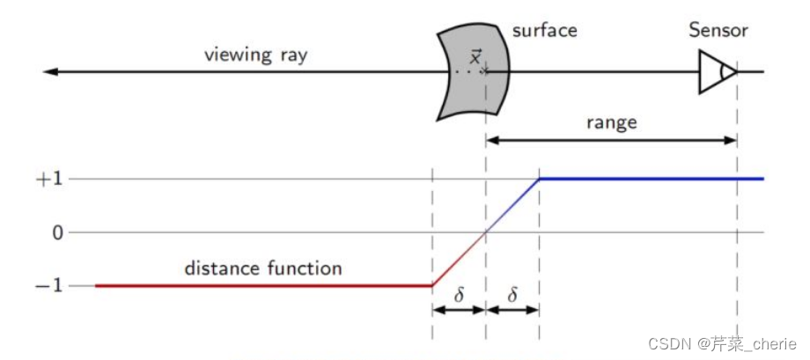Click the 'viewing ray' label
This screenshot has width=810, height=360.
pyautogui.click(x=256, y=55)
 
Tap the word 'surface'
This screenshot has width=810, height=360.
pyautogui.click(x=544, y=31)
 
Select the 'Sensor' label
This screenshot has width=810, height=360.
pyautogui.click(x=718, y=31)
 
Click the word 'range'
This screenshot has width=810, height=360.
pyautogui.click(x=611, y=122)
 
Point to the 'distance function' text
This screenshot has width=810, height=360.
pyautogui.click(x=262, y=268)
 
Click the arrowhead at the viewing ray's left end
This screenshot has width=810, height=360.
pyautogui.click(x=50, y=71)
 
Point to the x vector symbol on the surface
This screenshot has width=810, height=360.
pyautogui.click(x=475, y=59)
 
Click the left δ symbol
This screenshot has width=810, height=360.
pyautogui.click(x=459, y=296)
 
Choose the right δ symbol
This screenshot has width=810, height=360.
pyautogui.click(x=513, y=296)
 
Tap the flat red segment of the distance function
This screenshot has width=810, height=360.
pyautogui.click(x=264, y=285)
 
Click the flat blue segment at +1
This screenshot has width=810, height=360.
pyautogui.click(x=652, y=179)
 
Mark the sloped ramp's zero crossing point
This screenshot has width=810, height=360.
pyautogui.click(x=485, y=232)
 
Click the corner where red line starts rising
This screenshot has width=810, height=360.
pyautogui.click(x=431, y=285)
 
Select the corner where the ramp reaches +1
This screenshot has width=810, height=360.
pyautogui.click(x=539, y=179)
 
